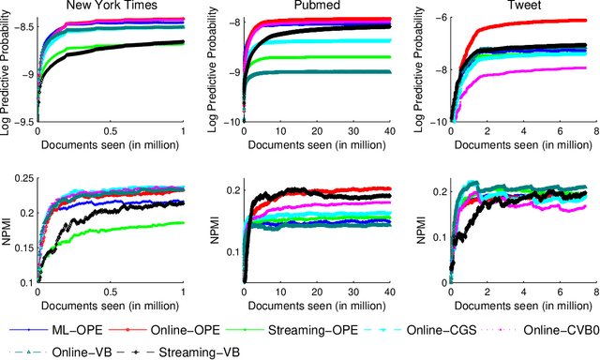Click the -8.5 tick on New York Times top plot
pyautogui.click(x=23, y=28)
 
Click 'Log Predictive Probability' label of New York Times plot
pyautogui.click(x=7, y=70)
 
